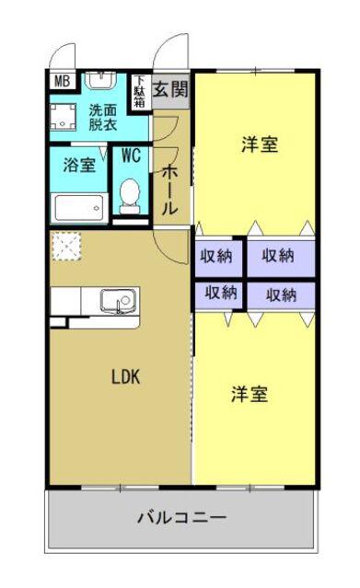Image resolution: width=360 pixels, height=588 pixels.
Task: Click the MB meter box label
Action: [x=62, y=81]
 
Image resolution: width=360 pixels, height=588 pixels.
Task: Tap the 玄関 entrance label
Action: [x=170, y=89]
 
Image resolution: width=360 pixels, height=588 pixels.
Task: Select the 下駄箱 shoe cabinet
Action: [x=140, y=91]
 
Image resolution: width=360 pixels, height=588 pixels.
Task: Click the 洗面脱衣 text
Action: [x=103, y=118]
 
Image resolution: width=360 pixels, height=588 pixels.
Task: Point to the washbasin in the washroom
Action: [x=100, y=81]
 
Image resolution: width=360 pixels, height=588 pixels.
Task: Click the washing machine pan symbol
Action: [x=63, y=117]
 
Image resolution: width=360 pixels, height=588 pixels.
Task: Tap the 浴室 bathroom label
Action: [x=79, y=165]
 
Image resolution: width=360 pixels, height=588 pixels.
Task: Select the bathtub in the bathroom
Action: [x=79, y=208]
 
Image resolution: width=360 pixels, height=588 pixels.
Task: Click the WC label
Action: [x=131, y=156]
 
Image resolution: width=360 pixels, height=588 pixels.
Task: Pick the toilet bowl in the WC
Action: [x=130, y=196]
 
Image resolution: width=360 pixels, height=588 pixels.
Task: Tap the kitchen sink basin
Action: [x=118, y=300]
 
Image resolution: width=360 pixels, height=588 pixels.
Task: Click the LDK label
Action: [x=126, y=377]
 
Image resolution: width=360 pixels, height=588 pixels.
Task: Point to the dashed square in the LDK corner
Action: [x=66, y=246]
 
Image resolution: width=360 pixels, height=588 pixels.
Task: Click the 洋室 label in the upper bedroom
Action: [x=260, y=144]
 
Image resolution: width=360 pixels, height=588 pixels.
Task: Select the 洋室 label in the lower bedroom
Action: [x=250, y=394]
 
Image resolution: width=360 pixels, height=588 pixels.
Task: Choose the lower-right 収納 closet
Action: [x=281, y=296]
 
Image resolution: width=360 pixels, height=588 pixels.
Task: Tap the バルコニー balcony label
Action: [x=182, y=518]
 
